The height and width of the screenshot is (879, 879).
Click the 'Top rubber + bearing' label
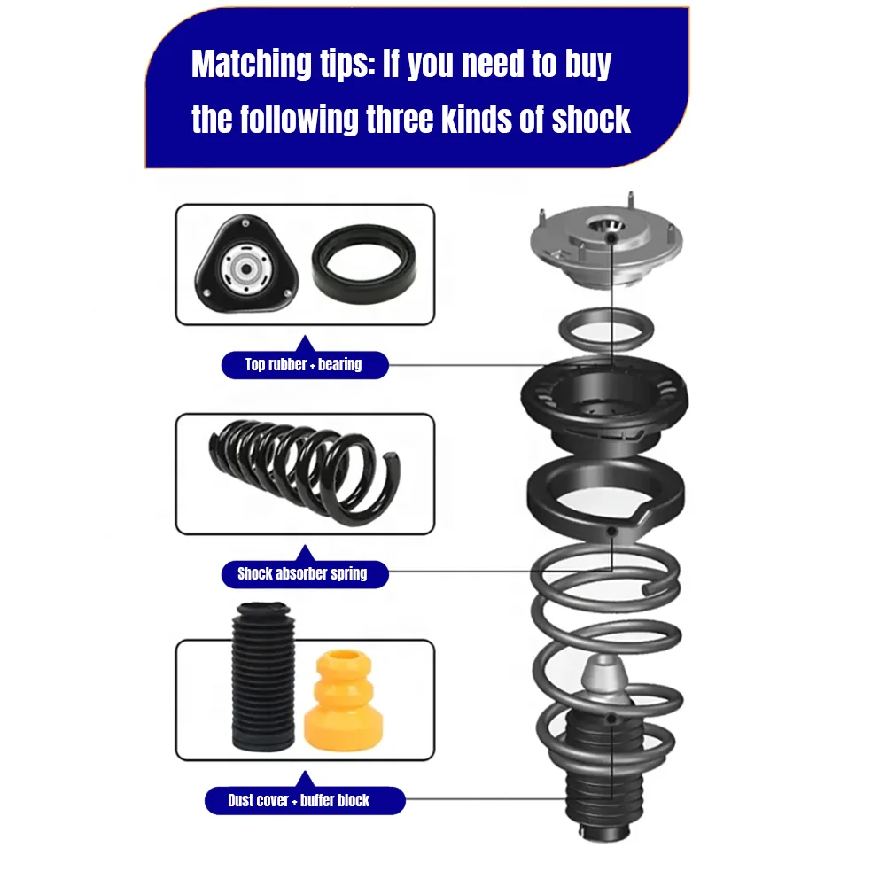point(303,364)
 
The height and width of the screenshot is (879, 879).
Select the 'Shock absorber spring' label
point(302,573)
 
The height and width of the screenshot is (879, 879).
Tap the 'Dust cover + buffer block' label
point(299,801)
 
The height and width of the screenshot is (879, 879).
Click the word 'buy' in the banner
point(586,65)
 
